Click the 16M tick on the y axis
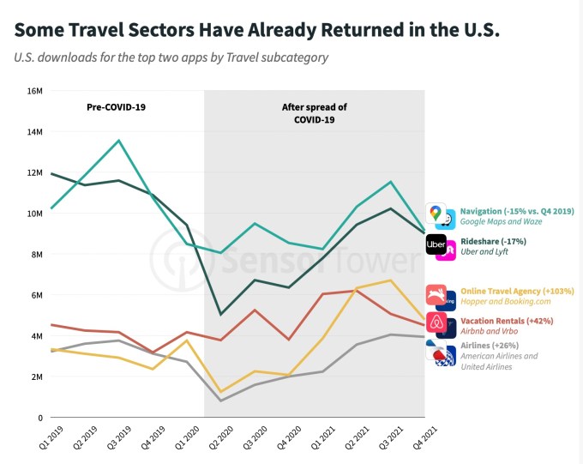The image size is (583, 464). point(34,91)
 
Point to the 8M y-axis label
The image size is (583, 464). point(37,254)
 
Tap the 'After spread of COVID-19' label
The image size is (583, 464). point(314,113)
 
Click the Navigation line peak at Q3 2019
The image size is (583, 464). point(119,140)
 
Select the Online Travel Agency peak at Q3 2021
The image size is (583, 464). point(391,280)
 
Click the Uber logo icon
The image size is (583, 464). point(436,244)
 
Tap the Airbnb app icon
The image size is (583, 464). point(436,324)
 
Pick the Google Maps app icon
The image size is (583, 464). point(436,213)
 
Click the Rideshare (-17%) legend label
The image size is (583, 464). point(493,241)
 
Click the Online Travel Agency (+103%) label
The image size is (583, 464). point(517,291)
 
